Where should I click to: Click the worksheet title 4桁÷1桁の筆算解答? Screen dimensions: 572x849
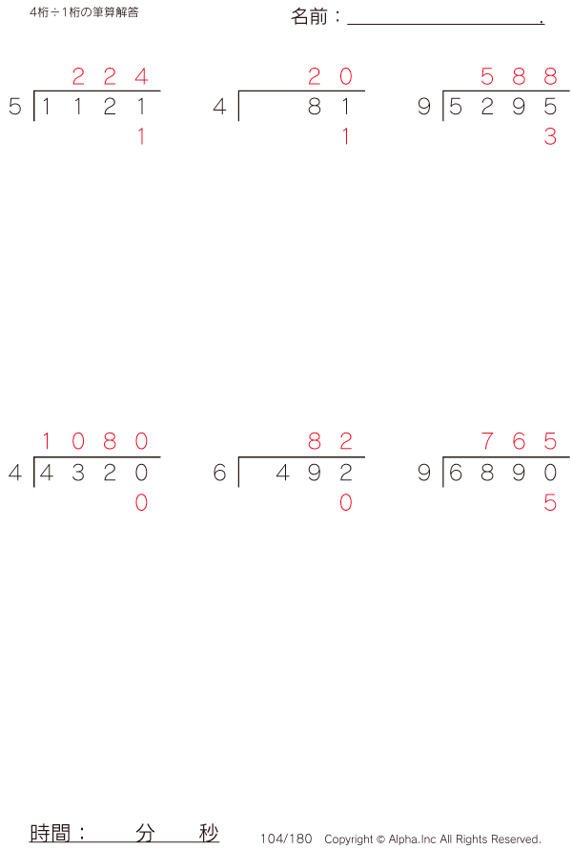point(84,12)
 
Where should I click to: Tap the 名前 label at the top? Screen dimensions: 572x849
point(309,17)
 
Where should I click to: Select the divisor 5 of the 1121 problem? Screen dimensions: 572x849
point(15,107)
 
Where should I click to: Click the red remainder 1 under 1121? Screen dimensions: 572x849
point(141,136)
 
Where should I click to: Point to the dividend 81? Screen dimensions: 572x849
point(329,107)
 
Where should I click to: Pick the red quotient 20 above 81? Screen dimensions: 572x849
point(331,76)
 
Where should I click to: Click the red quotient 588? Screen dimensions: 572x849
point(519,76)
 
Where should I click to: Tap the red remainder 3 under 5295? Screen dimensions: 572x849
point(550,136)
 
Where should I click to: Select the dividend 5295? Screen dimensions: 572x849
point(503,107)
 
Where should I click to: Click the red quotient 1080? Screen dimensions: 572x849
point(94,441)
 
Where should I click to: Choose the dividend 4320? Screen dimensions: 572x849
point(93,473)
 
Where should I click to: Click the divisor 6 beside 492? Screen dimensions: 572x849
point(219,473)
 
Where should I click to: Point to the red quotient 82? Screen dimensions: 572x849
point(331,441)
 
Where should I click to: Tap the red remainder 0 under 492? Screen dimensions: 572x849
point(346,502)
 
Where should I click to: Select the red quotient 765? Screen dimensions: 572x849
point(519,441)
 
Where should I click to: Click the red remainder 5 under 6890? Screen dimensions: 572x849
point(550,502)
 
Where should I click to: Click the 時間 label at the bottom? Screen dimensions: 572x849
point(50,832)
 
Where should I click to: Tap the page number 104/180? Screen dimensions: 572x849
point(286,839)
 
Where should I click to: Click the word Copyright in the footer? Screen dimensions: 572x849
point(348,839)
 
